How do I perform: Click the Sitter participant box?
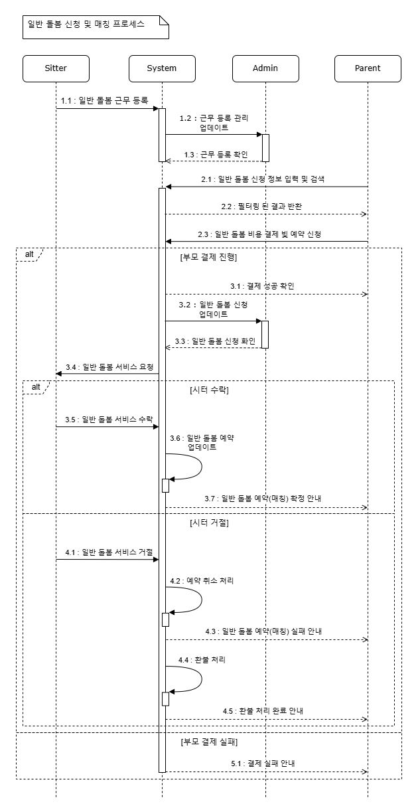pyautogui.click(x=56, y=68)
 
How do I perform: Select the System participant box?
pyautogui.click(x=162, y=68)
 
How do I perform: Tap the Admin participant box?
pyautogui.click(x=265, y=68)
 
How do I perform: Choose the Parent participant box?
pyautogui.click(x=368, y=68)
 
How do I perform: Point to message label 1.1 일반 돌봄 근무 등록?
pyautogui.click(x=104, y=101)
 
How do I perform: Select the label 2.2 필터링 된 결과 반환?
pyautogui.click(x=263, y=206)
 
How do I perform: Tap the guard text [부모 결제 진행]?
pyautogui.click(x=208, y=257)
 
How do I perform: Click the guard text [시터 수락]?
pyautogui.click(x=209, y=390)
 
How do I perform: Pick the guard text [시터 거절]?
pyautogui.click(x=209, y=523)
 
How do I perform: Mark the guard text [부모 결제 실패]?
pyautogui.click(x=208, y=742)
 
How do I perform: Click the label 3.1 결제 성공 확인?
pyautogui.click(x=262, y=286)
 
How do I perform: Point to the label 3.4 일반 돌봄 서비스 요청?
pyautogui.click(x=109, y=366)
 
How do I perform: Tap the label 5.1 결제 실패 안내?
pyautogui.click(x=263, y=764)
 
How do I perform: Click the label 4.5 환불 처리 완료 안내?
pyautogui.click(x=263, y=711)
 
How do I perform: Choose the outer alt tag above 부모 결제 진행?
pyautogui.click(x=29, y=254)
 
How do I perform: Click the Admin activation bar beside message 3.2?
pyautogui.click(x=265, y=334)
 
